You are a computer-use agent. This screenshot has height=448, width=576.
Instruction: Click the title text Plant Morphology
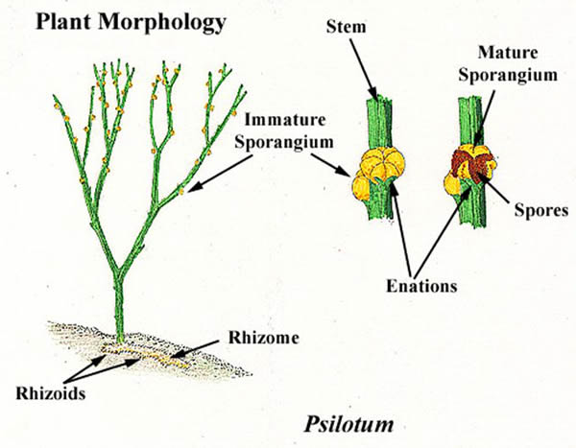[118, 20]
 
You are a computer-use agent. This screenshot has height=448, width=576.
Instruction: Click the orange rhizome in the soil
[154, 360]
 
